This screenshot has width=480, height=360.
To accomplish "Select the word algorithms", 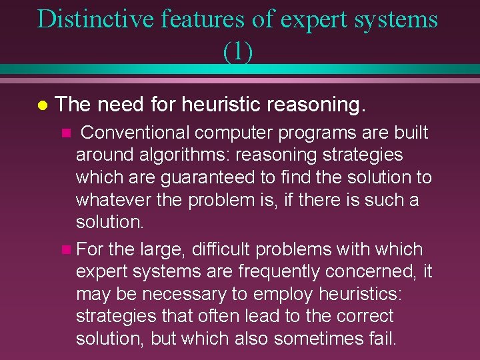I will pyautogui.click(x=177, y=155).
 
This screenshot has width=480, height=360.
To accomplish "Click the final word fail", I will pyautogui.click(x=381, y=338).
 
